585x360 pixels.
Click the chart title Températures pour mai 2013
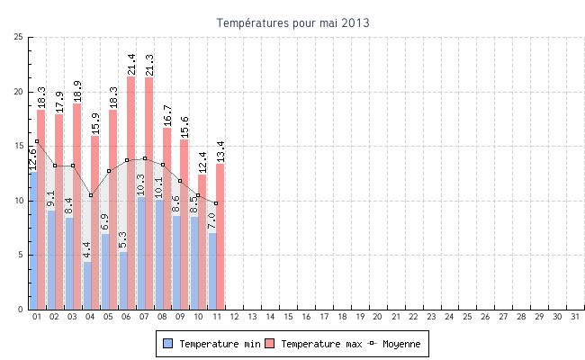292,22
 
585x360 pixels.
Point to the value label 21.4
130,63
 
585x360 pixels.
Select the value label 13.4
220,150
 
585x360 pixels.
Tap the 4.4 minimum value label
86,249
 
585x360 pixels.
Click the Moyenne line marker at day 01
37,141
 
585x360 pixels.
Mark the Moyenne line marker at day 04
91,195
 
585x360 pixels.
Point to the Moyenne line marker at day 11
216,203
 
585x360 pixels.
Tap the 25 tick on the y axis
19,37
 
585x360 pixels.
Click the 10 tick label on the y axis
19,201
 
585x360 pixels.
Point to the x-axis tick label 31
573,317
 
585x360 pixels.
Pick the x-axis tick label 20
377,317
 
